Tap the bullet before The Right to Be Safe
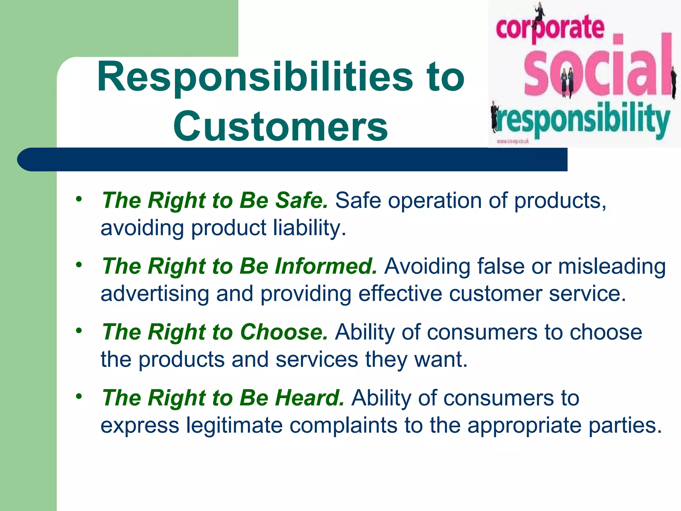coord(78,199)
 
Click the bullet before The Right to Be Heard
coord(78,396)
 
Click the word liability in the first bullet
coord(310,228)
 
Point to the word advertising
coord(155,294)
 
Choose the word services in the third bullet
coord(317,360)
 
